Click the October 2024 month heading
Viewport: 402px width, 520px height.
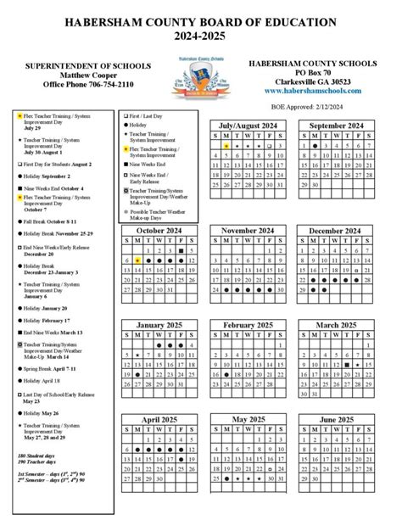point(161,231)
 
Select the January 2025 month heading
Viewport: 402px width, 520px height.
point(161,325)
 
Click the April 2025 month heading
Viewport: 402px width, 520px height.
point(161,420)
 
